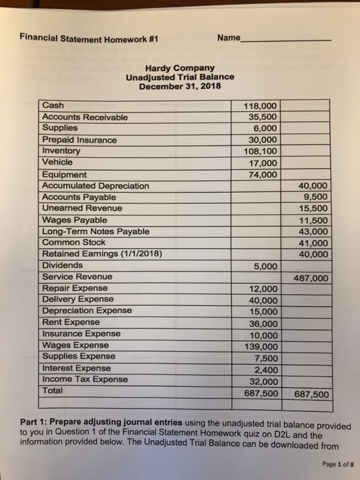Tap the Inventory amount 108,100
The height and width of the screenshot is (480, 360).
pos(261,151)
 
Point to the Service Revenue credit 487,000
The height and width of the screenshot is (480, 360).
pos(311,278)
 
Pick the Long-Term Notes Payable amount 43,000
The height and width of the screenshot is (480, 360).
pos(315,232)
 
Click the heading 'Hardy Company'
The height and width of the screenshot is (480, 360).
pos(180,68)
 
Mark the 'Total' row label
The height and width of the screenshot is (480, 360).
pos(53,390)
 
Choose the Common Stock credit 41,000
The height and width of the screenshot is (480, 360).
pos(315,243)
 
